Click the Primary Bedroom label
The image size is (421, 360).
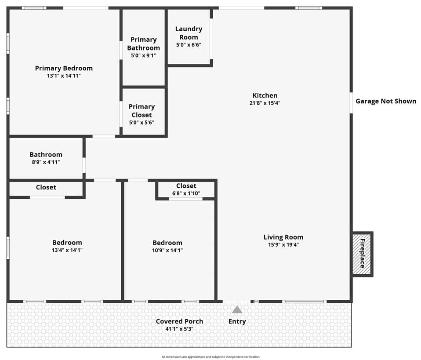tap(64, 68)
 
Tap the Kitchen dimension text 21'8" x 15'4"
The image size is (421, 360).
tap(265, 103)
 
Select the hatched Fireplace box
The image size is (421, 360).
tap(362, 254)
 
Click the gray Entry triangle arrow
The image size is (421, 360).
tap(237, 310)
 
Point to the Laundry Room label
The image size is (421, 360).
tap(189, 33)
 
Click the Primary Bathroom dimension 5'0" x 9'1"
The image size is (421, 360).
tap(143, 56)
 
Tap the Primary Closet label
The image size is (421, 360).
tap(142, 111)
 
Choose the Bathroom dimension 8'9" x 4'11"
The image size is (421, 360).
tap(46, 162)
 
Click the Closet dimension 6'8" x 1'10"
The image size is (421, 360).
tap(186, 193)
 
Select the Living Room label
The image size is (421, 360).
tap(283, 237)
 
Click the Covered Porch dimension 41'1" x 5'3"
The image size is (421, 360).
tap(179, 329)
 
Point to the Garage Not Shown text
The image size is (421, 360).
tap(386, 101)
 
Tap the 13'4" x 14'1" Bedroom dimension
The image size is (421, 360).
tap(67, 250)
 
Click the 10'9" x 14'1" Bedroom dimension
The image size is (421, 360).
tap(167, 251)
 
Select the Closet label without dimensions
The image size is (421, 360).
tap(46, 187)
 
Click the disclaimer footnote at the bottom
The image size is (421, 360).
tap(210, 357)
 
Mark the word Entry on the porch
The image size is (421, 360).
tap(237, 322)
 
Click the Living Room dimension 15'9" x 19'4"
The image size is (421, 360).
tap(283, 245)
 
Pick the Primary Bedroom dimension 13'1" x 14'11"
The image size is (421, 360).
tap(64, 76)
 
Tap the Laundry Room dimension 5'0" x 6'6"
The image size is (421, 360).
tap(189, 45)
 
